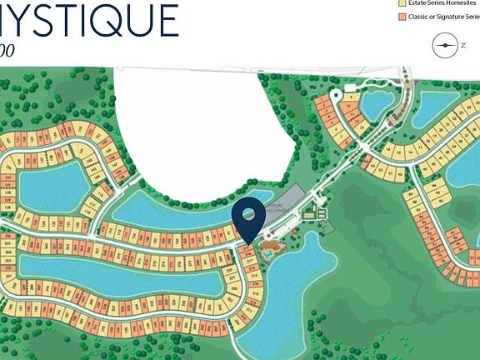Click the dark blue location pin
coord(248,218)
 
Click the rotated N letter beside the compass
coord(462,47)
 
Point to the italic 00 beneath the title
coord(7,50)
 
